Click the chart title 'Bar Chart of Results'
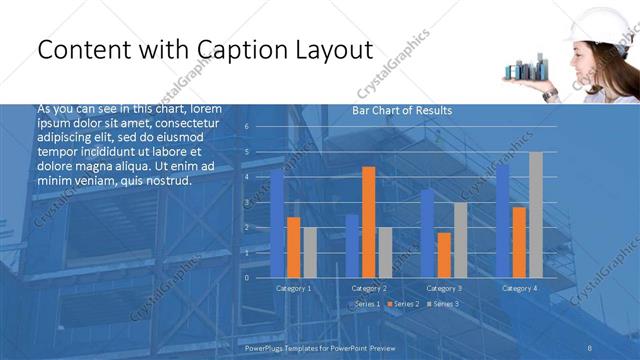402,110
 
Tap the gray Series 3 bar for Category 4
535,215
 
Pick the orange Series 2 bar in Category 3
444,255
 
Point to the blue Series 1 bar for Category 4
502,221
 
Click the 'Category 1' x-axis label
293,288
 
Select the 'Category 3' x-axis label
443,288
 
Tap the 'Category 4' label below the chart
518,288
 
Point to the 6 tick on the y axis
246,127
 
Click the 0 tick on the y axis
246,278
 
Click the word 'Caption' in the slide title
236,50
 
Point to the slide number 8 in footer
591,346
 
